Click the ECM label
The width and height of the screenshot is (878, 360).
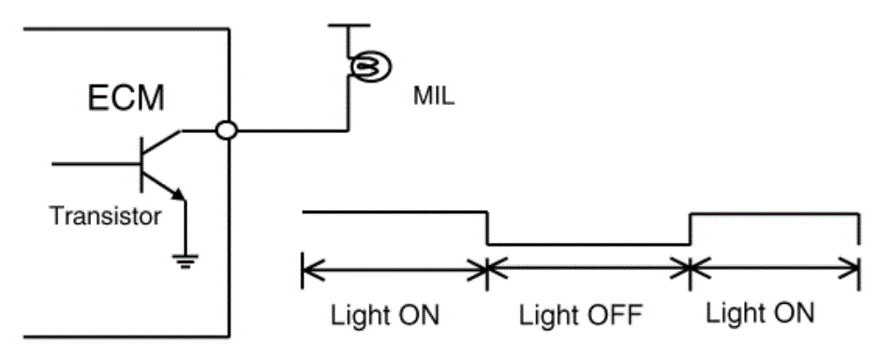(x=126, y=97)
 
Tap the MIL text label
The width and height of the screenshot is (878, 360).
(x=434, y=97)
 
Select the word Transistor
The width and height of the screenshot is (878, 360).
(x=106, y=216)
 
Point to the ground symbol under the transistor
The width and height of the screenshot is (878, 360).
(x=186, y=261)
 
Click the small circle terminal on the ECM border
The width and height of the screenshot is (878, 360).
(x=227, y=131)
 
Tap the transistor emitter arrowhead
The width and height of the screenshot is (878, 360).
(x=179, y=194)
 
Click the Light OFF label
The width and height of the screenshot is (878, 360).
(x=580, y=315)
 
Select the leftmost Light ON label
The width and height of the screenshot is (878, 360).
(x=385, y=315)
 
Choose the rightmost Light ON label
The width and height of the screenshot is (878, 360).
(x=759, y=312)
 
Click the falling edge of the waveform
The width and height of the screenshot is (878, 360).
(x=487, y=228)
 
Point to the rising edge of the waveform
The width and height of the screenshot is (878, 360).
(x=691, y=229)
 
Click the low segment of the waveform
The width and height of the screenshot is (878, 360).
(x=589, y=245)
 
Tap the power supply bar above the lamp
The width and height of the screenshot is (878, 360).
(x=349, y=25)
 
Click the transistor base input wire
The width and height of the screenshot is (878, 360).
(x=96, y=164)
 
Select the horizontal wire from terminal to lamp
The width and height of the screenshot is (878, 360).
(x=292, y=131)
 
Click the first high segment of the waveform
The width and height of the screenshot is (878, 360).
(x=394, y=212)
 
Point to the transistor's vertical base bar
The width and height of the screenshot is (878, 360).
(x=141, y=164)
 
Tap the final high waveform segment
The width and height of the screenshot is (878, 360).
(x=774, y=213)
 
